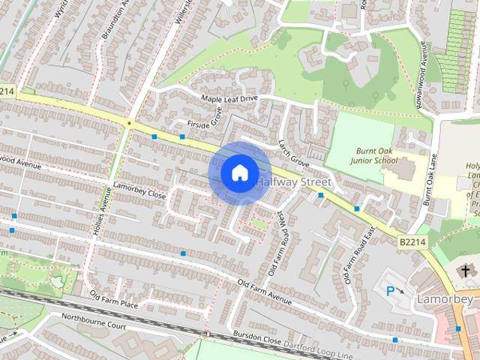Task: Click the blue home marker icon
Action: point(239,172)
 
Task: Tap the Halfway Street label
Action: point(294,182)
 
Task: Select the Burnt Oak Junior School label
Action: point(376,155)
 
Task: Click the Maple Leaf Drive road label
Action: point(229,99)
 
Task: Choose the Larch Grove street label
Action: point(293,152)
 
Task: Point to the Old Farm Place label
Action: point(114,299)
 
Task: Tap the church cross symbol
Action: point(465,270)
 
